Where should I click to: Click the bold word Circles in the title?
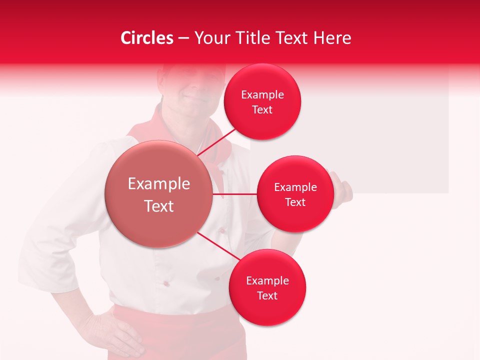(x=147, y=38)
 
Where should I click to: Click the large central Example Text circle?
(x=158, y=194)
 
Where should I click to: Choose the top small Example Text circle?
(x=262, y=102)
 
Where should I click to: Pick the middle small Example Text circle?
(x=295, y=194)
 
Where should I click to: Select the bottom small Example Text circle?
(x=267, y=287)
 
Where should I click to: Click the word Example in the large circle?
(x=158, y=184)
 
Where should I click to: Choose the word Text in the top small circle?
(x=262, y=110)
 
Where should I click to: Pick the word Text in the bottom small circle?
(x=267, y=295)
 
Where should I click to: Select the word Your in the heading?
(x=209, y=38)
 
